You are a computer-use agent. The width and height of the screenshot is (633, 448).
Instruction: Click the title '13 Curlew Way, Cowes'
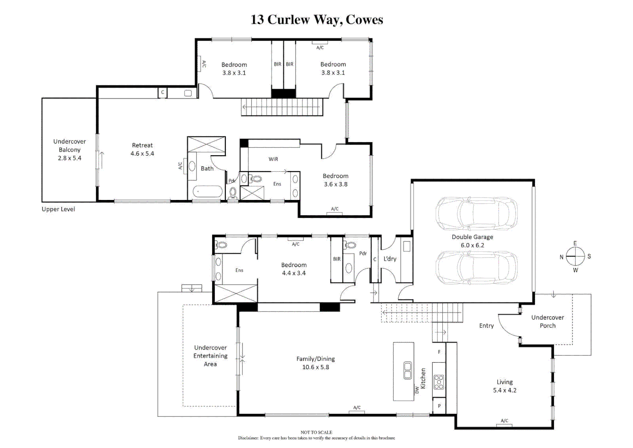[317, 19]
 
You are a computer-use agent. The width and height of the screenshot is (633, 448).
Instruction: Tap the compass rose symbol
[575, 256]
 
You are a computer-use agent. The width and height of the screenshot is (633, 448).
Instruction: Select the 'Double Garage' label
[472, 237]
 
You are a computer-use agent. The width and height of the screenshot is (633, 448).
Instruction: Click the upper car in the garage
[476, 214]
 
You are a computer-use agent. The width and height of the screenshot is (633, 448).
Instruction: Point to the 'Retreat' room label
[142, 145]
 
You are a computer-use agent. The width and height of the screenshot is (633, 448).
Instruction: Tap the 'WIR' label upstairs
[273, 159]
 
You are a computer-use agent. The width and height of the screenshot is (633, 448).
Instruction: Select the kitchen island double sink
[407, 370]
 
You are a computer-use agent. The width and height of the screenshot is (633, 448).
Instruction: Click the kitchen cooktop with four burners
[439, 382]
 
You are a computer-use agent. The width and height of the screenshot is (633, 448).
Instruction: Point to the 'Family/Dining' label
[315, 359]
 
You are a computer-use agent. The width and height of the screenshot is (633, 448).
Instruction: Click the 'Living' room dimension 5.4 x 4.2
[504, 390]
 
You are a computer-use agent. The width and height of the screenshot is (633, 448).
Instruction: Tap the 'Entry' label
[486, 326]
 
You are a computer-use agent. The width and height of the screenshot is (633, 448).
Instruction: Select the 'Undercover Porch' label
[547, 321]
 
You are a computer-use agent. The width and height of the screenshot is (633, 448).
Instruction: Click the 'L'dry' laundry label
[390, 259]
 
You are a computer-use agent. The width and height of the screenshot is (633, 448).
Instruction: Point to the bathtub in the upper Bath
[207, 192]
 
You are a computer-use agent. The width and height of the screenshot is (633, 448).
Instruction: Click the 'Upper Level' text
[58, 209]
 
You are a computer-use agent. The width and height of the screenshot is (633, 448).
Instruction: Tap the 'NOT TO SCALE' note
[316, 432]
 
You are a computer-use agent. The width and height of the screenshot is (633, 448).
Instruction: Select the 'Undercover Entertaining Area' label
[210, 355]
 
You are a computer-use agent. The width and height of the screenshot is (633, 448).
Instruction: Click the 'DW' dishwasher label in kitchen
[417, 390]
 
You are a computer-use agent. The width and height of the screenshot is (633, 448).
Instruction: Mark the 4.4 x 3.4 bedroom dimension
[293, 273]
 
